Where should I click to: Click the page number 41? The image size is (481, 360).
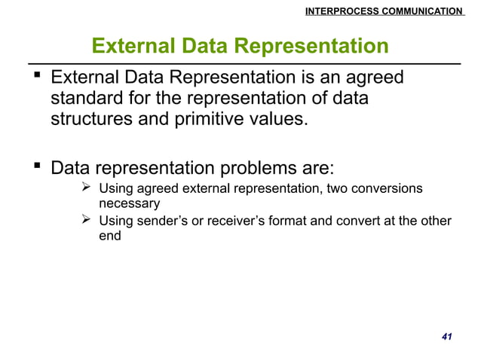coord(446,335)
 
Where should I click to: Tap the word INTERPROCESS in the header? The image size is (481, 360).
coord(326,11)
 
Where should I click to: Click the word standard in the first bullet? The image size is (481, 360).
coord(87,99)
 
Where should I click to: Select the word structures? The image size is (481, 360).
coord(90,120)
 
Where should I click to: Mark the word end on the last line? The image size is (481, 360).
coord(110,235)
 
